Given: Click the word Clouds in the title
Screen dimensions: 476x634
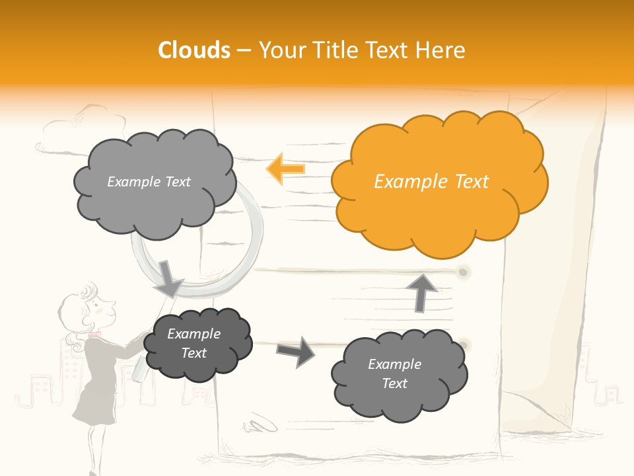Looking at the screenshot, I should point(194,50).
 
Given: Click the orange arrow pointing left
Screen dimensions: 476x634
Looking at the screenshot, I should point(285,169).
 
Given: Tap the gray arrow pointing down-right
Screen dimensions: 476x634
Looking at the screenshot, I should point(169,278).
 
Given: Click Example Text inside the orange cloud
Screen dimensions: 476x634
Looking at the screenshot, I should point(431,182).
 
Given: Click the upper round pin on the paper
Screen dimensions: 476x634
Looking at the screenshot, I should point(464,272).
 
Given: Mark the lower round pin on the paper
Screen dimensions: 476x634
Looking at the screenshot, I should point(464,344).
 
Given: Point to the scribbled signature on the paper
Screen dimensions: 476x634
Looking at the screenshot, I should point(261,424).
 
